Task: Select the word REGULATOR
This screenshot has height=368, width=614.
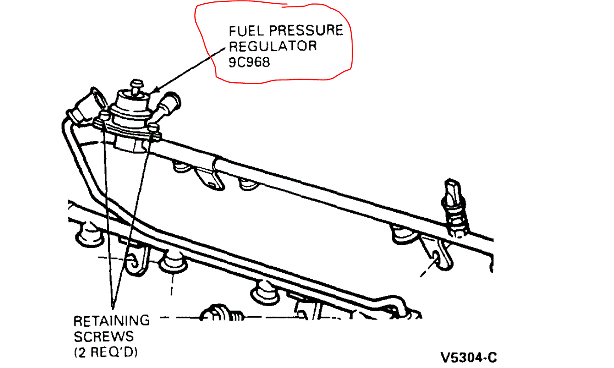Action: [273, 46]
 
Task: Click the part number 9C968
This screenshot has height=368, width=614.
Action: [249, 61]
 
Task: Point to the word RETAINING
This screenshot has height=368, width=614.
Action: [112, 320]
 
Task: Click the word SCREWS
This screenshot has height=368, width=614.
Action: [104, 336]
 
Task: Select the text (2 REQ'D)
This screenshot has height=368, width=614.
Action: [106, 352]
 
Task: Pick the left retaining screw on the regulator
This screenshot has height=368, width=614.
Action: [105, 116]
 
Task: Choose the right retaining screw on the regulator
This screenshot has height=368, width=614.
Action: [153, 127]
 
